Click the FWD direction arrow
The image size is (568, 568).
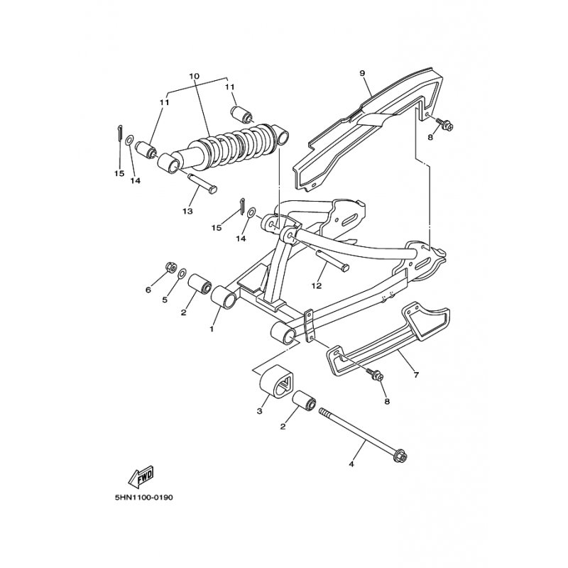141,475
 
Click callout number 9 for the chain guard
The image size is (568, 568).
362,73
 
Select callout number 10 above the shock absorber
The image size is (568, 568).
194,76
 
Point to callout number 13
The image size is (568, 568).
187,211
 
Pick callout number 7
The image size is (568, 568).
416,375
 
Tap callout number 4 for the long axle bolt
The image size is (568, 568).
351,464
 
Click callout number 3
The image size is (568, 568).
259,411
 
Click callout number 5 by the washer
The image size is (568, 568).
165,300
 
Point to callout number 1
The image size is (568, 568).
212,329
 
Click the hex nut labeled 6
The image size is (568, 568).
170,268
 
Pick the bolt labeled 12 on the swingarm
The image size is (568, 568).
332,261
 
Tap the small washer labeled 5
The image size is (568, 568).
183,273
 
